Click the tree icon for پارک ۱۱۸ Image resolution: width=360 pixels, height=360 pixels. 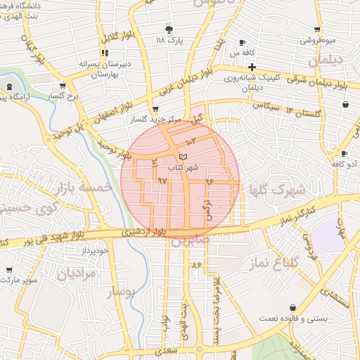(x=169, y=29)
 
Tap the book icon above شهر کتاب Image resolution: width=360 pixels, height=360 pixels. (x=184, y=156)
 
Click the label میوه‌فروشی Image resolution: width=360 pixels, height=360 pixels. (x=318, y=40)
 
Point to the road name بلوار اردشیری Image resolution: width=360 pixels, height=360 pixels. (x=143, y=231)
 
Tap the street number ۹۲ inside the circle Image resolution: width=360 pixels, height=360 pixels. (x=163, y=181)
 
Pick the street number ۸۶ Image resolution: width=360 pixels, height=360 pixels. (x=195, y=265)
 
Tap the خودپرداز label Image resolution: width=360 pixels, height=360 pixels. (x=94, y=250)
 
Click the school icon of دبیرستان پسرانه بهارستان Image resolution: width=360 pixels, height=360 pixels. (x=105, y=53)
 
